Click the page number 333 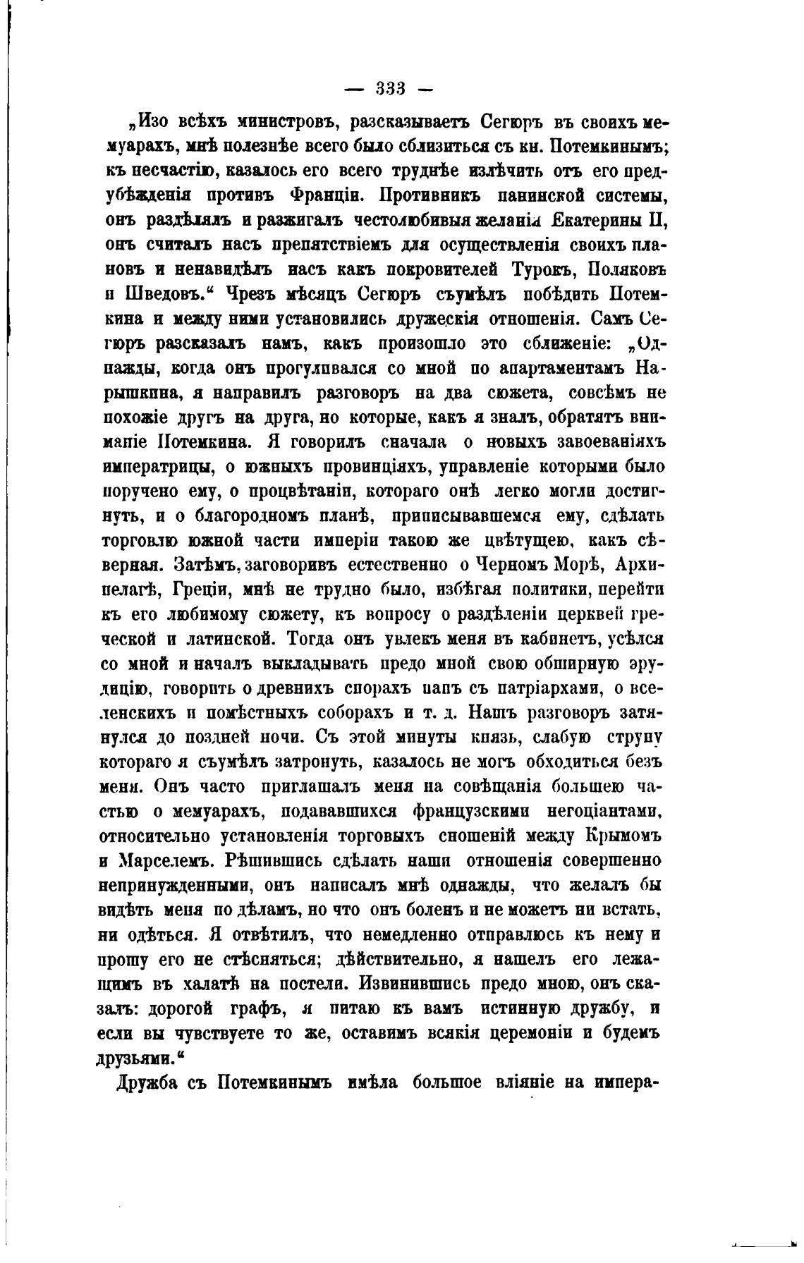coord(389,90)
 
